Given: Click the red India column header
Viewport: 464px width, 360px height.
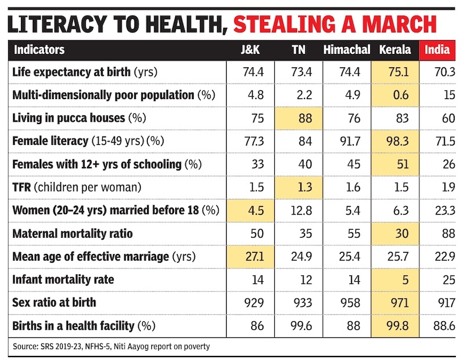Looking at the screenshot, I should click(437, 50).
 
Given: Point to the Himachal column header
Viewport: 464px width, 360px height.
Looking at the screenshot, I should click(347, 50).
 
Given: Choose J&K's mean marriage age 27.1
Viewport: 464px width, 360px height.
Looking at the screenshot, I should click(255, 256).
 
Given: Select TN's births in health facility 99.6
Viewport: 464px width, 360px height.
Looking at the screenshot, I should click(301, 326).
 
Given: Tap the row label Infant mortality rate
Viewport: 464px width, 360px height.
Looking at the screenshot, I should click(63, 279).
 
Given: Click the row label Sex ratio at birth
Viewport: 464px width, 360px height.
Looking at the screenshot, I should click(55, 303).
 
